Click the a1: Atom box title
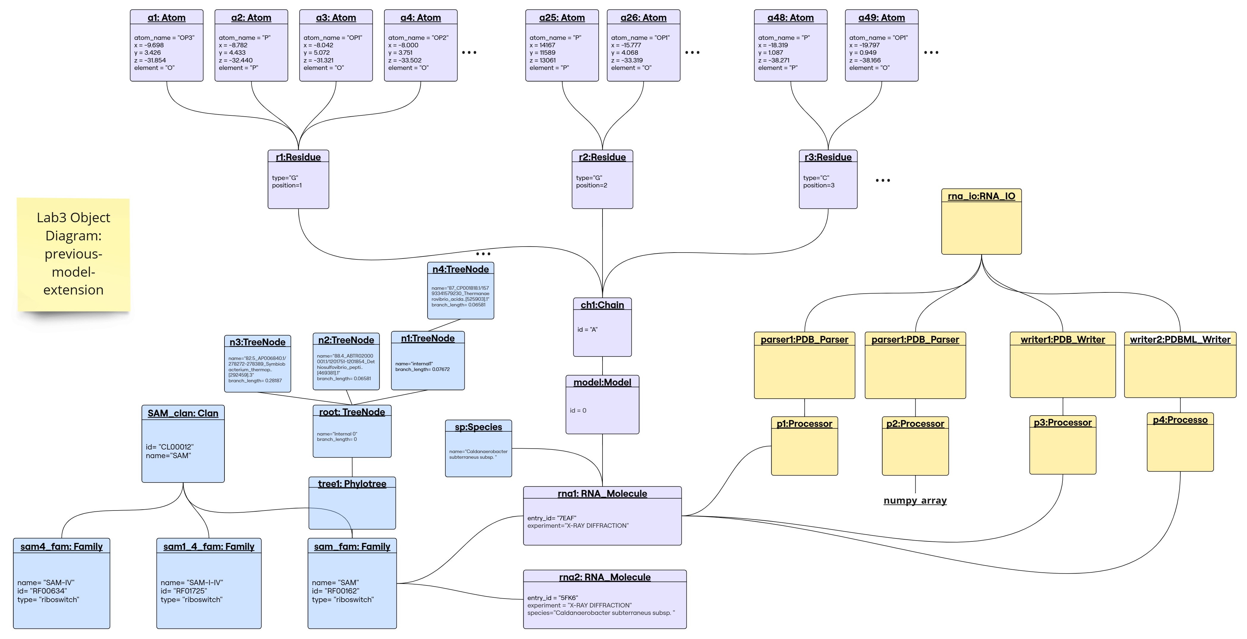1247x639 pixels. [166, 18]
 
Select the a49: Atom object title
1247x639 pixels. [881, 18]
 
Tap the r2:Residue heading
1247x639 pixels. [602, 157]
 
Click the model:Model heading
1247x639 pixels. [602, 383]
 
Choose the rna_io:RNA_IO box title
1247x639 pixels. [981, 196]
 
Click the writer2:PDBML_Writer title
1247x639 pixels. [1180, 339]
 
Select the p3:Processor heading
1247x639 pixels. [1062, 423]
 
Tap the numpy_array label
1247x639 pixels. [915, 501]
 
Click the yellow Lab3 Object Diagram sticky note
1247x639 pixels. [74, 254]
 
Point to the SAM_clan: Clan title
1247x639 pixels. [183, 414]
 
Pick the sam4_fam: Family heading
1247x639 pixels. [62, 546]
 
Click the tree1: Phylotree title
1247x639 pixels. [352, 484]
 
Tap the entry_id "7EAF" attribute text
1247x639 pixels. [552, 518]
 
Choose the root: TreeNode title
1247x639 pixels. [352, 412]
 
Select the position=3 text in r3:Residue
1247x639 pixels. [819, 185]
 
